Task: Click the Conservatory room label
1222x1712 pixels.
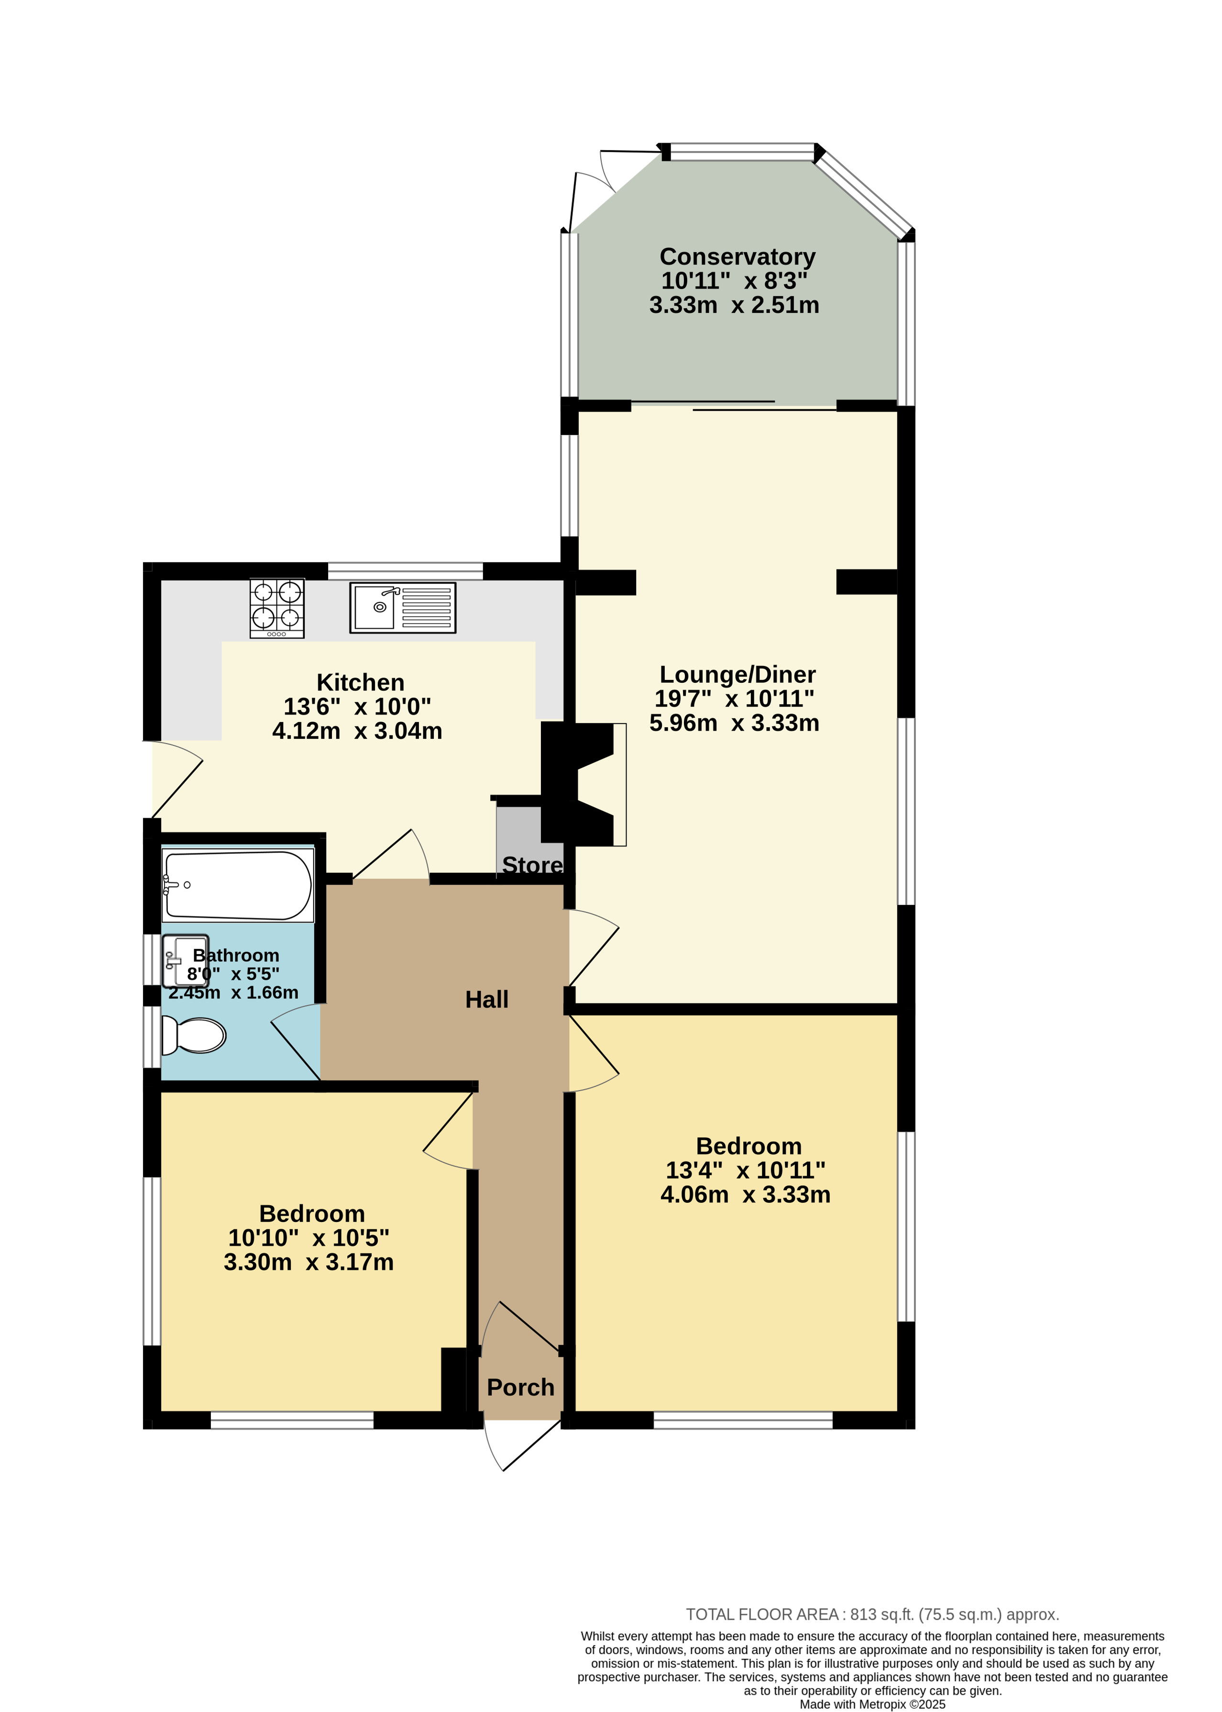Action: click(738, 257)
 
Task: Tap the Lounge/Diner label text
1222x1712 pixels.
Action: click(738, 675)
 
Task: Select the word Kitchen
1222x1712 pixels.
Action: click(361, 682)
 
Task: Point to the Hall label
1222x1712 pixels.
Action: click(487, 999)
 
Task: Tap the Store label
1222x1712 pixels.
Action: click(532, 865)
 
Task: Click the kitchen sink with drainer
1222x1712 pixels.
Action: click(403, 607)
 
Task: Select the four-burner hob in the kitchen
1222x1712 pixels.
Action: click(277, 608)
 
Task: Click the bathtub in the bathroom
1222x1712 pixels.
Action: click(237, 885)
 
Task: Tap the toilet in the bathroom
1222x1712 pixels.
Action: click(193, 1035)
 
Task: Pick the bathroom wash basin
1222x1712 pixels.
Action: click(184, 961)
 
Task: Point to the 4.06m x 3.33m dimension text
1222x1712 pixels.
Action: click(745, 1194)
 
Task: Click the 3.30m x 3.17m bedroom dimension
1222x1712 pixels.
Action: click(308, 1262)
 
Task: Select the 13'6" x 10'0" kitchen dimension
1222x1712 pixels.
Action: click(357, 706)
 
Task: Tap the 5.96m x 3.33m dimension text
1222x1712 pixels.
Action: click(735, 723)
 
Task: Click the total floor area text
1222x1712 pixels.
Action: click(872, 1614)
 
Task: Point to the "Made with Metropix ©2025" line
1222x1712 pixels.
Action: click(872, 1704)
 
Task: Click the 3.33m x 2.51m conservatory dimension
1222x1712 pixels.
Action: click(735, 305)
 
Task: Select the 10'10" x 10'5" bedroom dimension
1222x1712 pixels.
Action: click(308, 1238)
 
